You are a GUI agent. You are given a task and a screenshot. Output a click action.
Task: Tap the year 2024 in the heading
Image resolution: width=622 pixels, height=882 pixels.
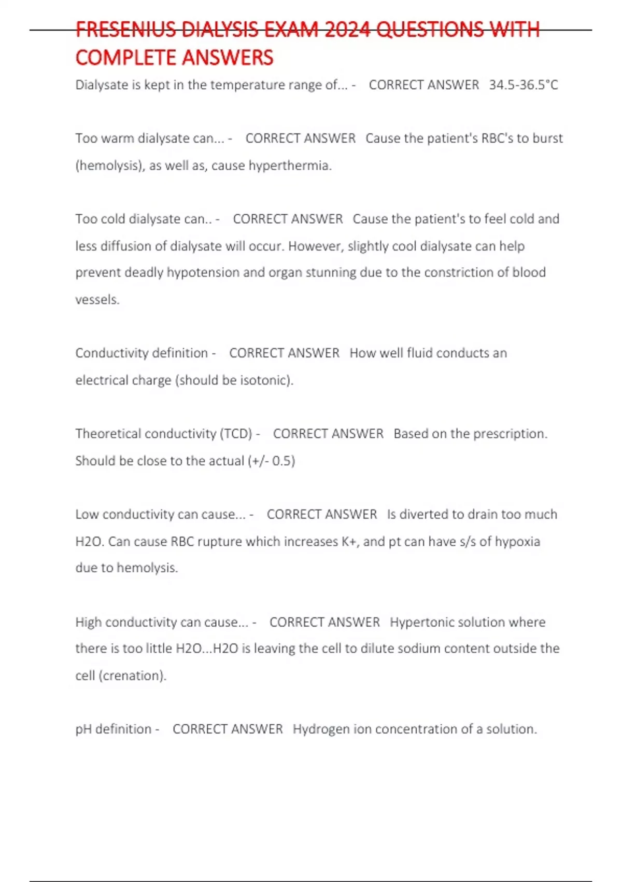pyautogui.click(x=348, y=30)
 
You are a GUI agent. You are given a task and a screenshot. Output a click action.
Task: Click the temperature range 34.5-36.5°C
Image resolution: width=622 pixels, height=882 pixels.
pyautogui.click(x=524, y=85)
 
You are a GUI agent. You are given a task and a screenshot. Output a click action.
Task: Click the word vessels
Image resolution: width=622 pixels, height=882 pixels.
pyautogui.click(x=97, y=299)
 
